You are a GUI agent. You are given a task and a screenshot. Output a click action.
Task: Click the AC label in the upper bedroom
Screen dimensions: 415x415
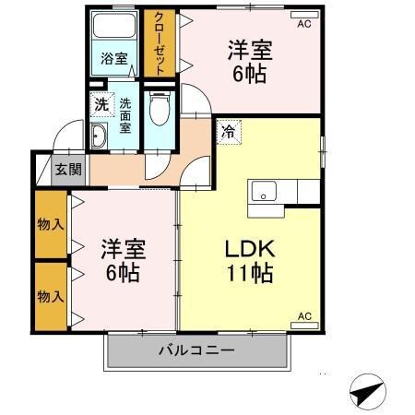coord(303,26)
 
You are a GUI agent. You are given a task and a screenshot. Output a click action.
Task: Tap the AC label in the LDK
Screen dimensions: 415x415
coord(303,316)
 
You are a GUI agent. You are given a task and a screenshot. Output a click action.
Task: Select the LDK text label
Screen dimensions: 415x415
coord(246,249)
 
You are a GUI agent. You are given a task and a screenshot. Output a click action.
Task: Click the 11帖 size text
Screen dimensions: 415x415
coord(246,274)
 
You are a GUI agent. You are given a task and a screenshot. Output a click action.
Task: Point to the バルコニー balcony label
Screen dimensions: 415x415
coord(196,350)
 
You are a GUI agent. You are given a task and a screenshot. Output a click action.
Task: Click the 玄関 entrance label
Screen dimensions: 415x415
coord(67,170)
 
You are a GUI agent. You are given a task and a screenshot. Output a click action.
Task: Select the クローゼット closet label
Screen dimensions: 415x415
coord(160,41)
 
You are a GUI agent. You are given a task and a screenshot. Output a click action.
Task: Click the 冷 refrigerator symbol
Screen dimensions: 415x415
coord(228,131)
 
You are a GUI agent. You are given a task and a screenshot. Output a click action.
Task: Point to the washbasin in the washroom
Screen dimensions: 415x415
coord(99,137)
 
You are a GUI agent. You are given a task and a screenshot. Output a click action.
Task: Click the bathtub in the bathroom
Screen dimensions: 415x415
coord(114,28)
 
